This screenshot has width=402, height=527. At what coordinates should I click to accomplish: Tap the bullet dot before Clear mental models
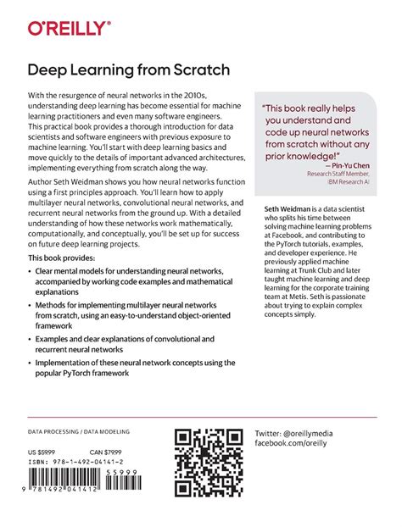30,272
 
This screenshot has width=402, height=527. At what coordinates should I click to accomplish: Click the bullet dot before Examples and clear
30,339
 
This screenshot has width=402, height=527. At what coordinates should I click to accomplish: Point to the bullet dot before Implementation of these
30,363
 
